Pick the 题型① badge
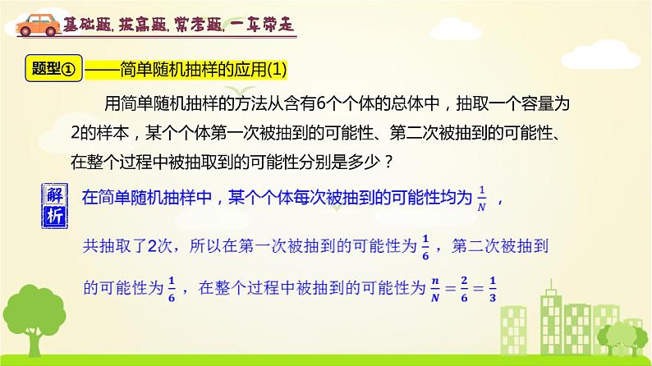coord(52,71)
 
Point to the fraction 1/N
coord(483,199)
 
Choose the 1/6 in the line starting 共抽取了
coord(425,245)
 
